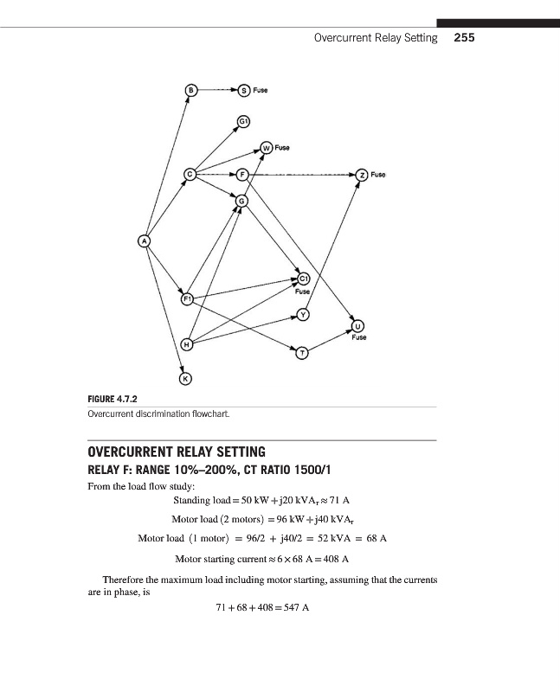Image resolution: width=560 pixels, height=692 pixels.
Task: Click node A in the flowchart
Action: pyautogui.click(x=144, y=241)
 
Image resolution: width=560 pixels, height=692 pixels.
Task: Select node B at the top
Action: pyautogui.click(x=190, y=90)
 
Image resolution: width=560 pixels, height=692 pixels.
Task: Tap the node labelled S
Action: pyautogui.click(x=244, y=91)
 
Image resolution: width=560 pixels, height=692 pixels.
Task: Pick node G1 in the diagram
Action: pyautogui.click(x=244, y=121)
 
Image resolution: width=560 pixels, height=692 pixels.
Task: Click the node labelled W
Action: pyautogui.click(x=267, y=148)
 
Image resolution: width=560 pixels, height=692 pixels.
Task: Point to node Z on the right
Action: pyautogui.click(x=362, y=175)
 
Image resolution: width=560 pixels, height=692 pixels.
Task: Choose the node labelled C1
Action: pyautogui.click(x=304, y=279)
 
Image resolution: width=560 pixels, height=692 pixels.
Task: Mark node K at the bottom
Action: pyautogui.click(x=186, y=379)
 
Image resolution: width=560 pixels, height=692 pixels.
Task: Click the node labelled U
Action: pyautogui.click(x=357, y=326)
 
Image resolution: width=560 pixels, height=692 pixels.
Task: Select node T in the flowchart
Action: pyautogui.click(x=303, y=353)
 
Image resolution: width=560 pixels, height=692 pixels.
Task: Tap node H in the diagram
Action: pyautogui.click(x=187, y=344)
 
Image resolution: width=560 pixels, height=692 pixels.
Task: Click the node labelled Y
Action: pyautogui.click(x=303, y=315)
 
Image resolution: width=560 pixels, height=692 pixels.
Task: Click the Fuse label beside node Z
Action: pyautogui.click(x=378, y=175)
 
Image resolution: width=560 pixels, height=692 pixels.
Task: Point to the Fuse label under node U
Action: pyautogui.click(x=359, y=337)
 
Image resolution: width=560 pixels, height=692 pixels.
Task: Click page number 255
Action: pyautogui.click(x=464, y=37)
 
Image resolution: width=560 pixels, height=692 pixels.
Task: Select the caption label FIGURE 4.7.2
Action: pyautogui.click(x=113, y=400)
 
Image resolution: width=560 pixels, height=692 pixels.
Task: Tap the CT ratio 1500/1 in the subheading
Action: pyautogui.click(x=312, y=470)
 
